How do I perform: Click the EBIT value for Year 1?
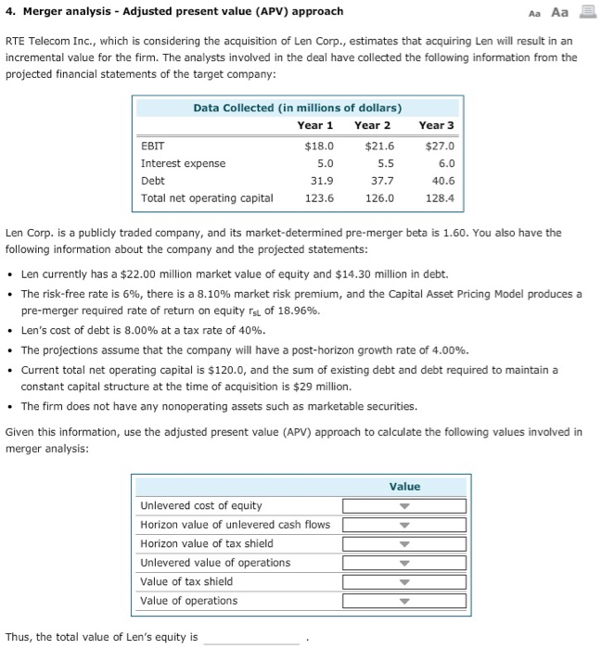pyautogui.click(x=319, y=146)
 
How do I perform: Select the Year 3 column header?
pyautogui.click(x=436, y=125)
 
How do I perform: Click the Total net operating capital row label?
pyautogui.click(x=207, y=198)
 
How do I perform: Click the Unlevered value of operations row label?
pyautogui.click(x=214, y=563)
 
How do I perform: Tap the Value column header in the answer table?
pyautogui.click(x=404, y=487)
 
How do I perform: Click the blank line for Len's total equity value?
pyautogui.click(x=251, y=638)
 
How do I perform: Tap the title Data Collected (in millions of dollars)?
pyautogui.click(x=297, y=108)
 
